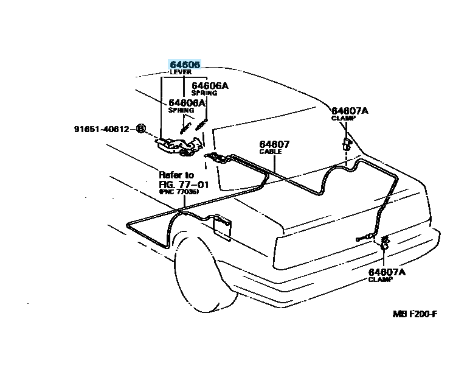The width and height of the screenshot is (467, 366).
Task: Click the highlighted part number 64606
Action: coord(185,64)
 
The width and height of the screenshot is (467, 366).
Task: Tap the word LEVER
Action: coord(181,72)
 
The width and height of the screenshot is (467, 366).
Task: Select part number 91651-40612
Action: coord(102,129)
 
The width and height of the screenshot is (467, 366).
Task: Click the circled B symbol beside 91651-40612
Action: coord(140,129)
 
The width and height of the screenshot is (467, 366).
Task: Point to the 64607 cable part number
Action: coord(274,144)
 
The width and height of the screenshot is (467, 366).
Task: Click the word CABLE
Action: coord(271,152)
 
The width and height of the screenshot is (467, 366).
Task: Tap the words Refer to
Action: coord(176,175)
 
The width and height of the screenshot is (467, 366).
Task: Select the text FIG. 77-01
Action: coord(184,185)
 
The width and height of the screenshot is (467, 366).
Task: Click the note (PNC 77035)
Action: coord(179,192)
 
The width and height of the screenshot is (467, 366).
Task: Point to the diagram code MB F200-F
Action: coord(415,314)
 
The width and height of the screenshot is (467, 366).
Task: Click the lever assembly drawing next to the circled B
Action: coord(179,146)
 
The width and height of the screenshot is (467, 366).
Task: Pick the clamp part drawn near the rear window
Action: coord(347,144)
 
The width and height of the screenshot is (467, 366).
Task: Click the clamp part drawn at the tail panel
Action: coord(384,243)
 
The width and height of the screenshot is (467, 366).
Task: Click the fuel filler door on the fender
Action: coord(222,227)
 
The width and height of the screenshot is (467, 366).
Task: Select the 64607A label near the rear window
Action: coord(350,111)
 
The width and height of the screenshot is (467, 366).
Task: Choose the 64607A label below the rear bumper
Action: coord(387,272)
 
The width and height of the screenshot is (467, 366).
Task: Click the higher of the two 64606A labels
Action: coord(210,86)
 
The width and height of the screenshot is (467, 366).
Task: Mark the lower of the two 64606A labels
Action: coord(187,103)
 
